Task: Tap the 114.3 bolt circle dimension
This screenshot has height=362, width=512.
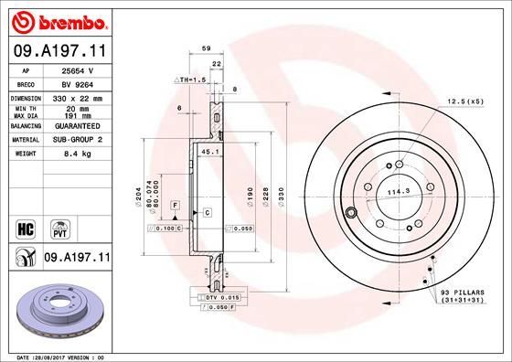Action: tap(395, 192)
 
